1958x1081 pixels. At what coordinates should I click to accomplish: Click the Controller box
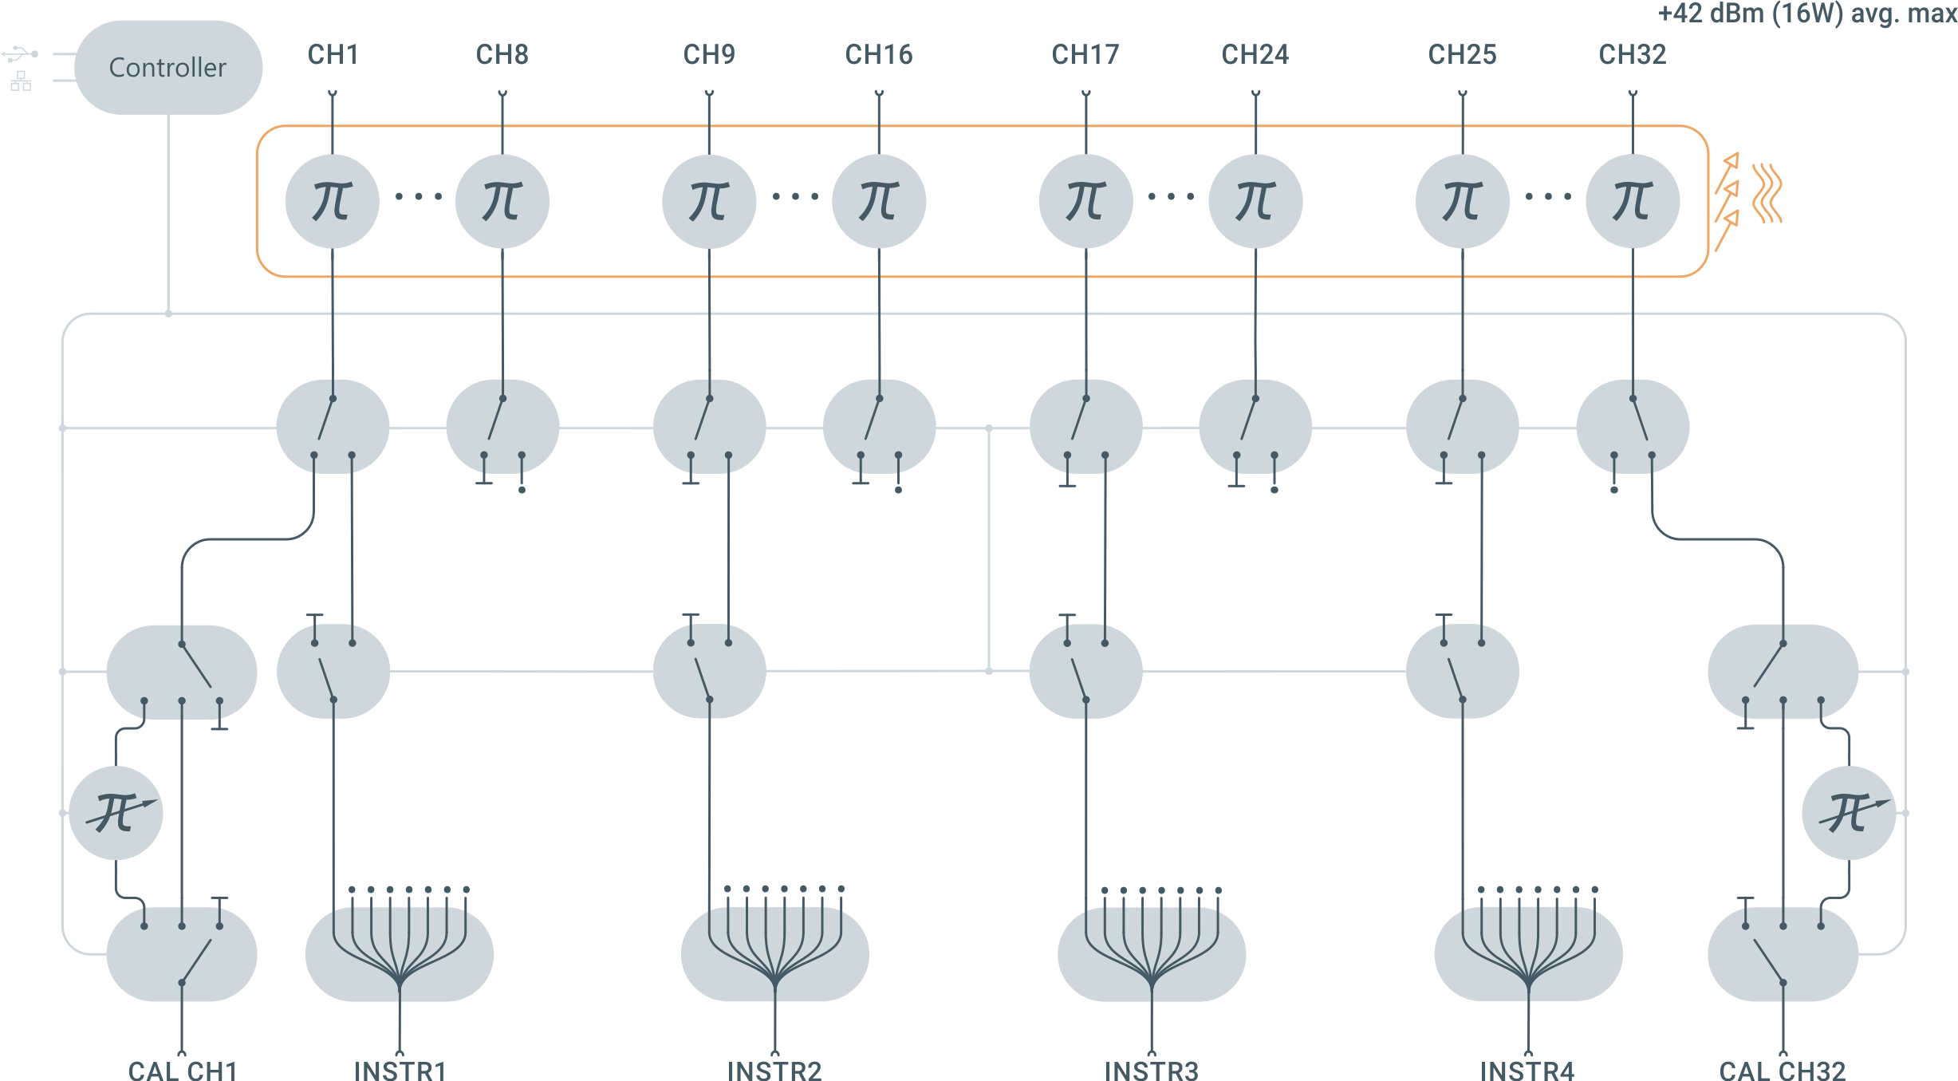click(x=167, y=67)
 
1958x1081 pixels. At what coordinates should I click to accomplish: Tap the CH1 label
click(x=333, y=54)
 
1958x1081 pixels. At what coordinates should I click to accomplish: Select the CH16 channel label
click(x=878, y=54)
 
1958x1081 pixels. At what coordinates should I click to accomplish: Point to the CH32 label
click(x=1632, y=54)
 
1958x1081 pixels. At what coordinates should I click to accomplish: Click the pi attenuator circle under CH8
click(x=502, y=201)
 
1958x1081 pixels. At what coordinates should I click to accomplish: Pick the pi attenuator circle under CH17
click(x=1085, y=201)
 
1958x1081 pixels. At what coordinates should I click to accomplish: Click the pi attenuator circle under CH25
click(x=1462, y=201)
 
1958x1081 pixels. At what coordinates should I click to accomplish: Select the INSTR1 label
click(x=400, y=1071)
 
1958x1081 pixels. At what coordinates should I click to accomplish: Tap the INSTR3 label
click(x=1151, y=1071)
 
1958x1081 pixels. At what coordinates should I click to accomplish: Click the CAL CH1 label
click(x=182, y=1071)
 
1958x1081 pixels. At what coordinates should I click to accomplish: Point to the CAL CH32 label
click(x=1782, y=1071)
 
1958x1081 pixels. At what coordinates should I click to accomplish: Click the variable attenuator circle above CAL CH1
click(x=116, y=813)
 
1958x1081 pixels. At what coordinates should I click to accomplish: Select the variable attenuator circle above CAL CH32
click(x=1849, y=813)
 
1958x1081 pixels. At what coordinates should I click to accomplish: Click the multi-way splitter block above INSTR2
click(x=774, y=953)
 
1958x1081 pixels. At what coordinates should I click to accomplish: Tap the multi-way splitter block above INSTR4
click(x=1527, y=953)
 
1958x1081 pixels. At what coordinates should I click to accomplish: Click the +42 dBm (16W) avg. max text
click(x=1806, y=14)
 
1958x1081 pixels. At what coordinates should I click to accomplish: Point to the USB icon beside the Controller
click(x=20, y=54)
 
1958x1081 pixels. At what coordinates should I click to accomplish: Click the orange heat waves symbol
click(x=1767, y=193)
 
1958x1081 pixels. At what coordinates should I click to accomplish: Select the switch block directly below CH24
click(x=1255, y=428)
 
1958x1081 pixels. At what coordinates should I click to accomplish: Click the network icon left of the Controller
click(x=21, y=81)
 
